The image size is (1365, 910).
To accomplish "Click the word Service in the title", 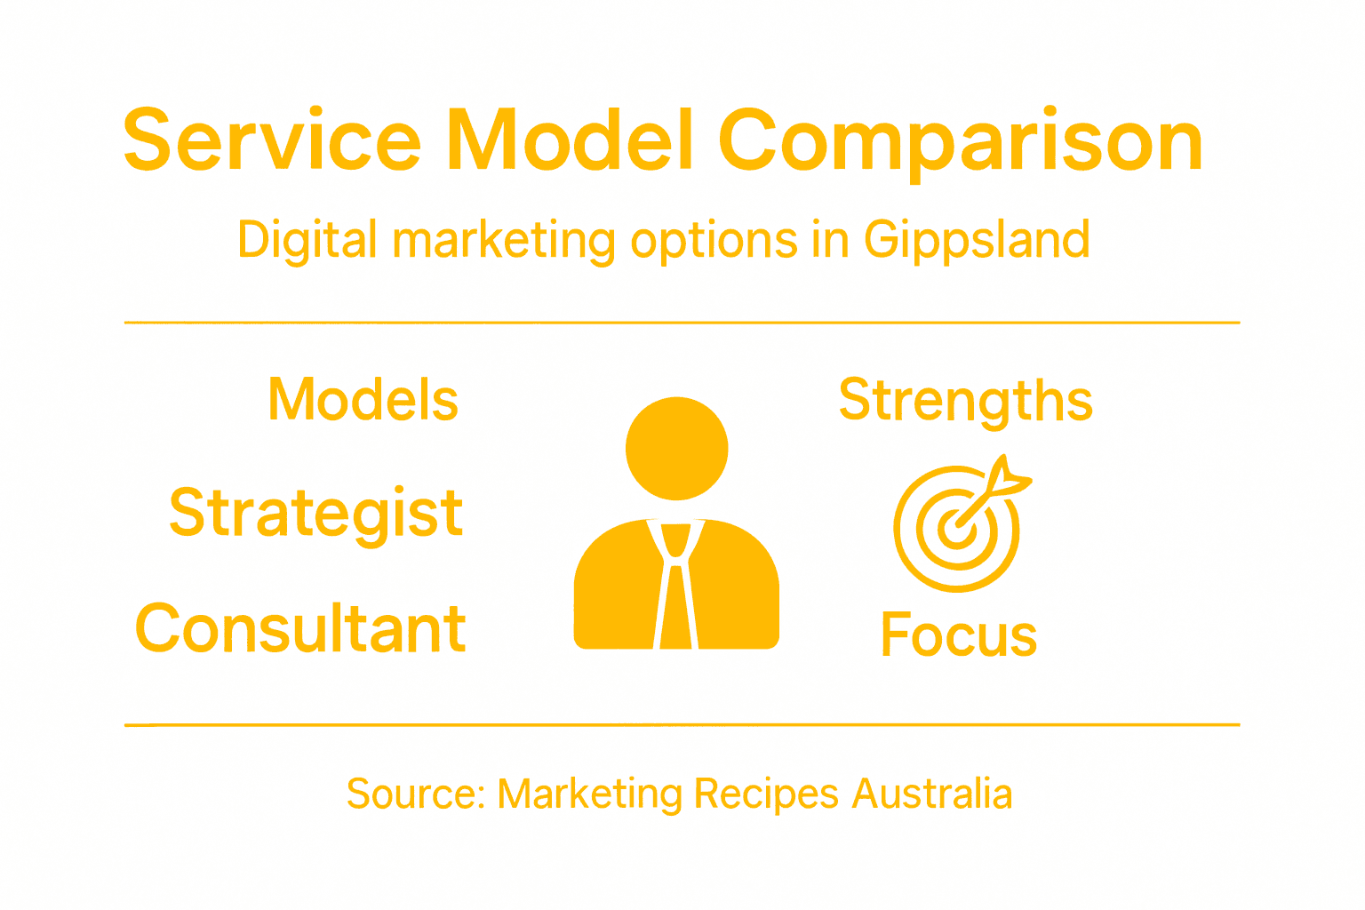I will (272, 140).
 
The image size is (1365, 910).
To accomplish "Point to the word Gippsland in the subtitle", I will (977, 241).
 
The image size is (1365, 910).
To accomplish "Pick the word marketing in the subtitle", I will (504, 241).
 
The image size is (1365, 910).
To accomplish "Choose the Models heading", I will (363, 400).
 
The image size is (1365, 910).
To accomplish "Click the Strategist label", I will (316, 514).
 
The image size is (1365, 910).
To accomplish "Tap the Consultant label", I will (300, 628).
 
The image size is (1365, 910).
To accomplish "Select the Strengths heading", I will (966, 401).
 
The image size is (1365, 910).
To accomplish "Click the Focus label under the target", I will (959, 635).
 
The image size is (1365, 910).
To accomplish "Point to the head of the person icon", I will (677, 448).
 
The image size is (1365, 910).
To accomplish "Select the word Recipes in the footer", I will (766, 794).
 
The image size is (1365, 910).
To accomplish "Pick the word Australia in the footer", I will (932, 794).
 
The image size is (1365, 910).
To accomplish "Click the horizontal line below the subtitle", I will (682, 323).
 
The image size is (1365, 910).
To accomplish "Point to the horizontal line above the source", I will (682, 725).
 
